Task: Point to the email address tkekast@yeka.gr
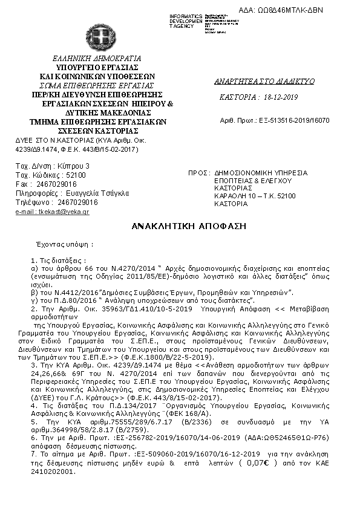tap(52, 212)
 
